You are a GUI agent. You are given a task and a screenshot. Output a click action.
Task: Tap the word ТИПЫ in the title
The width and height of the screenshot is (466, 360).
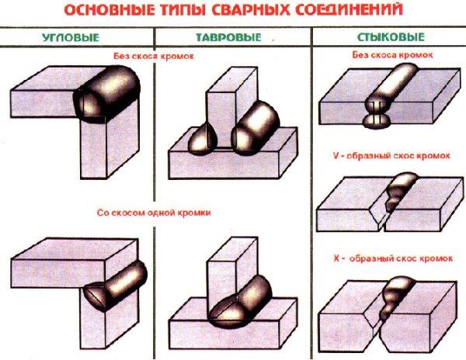(179, 12)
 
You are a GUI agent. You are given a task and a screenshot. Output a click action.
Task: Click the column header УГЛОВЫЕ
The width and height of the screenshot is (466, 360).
(77, 36)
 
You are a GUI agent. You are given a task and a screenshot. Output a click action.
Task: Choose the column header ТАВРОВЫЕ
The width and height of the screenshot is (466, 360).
(233, 36)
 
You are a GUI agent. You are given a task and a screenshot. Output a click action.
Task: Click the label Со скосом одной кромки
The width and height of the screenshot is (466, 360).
(154, 212)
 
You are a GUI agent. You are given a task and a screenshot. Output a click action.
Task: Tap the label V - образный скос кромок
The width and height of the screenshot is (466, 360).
(388, 159)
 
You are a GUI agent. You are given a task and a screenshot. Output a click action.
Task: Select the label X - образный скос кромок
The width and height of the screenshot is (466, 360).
(388, 257)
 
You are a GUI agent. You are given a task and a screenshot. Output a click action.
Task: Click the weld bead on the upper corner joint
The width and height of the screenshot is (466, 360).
(103, 92)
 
